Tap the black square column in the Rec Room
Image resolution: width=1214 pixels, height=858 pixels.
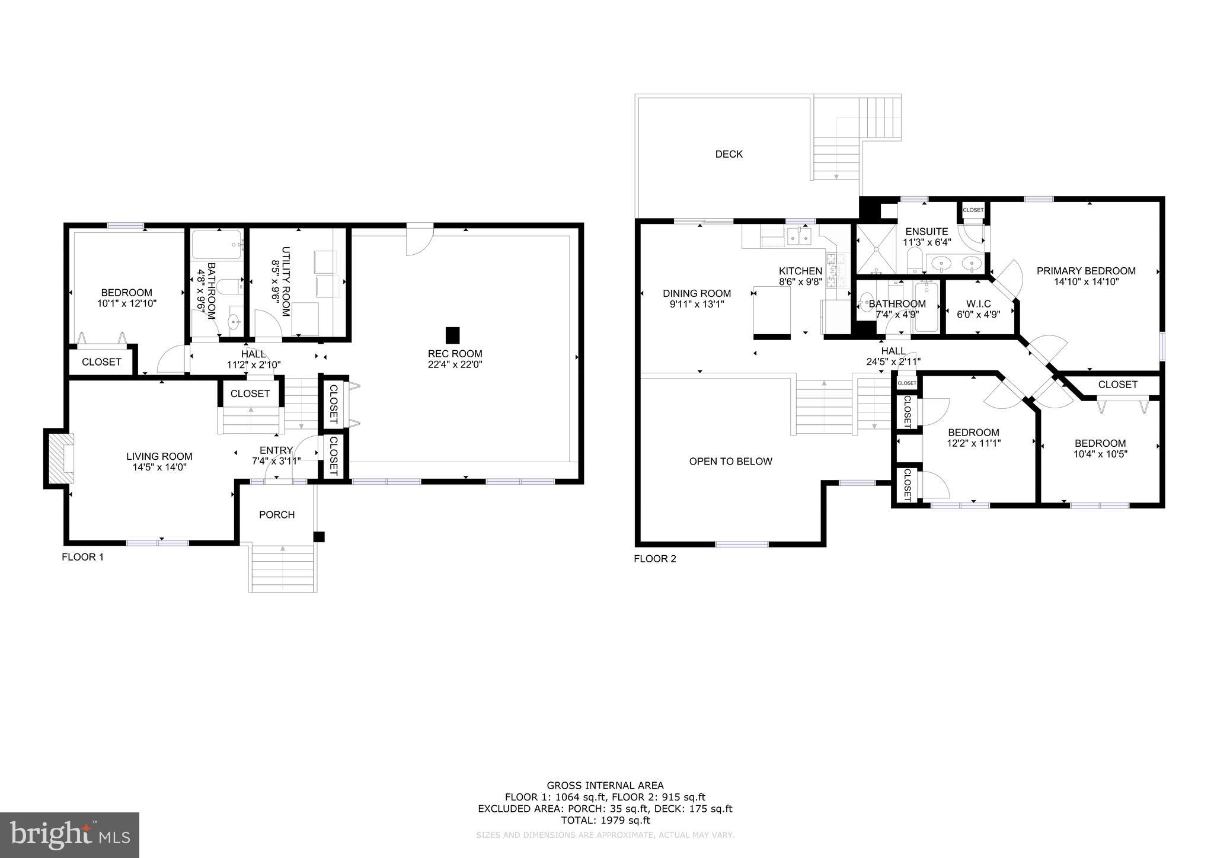click(x=452, y=335)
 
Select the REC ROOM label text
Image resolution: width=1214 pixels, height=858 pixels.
click(x=455, y=354)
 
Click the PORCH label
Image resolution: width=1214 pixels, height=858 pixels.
click(x=277, y=515)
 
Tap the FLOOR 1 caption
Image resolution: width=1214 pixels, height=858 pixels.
click(x=82, y=557)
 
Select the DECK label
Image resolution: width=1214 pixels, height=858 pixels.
click(x=729, y=154)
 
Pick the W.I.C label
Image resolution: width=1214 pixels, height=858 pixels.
click(x=978, y=304)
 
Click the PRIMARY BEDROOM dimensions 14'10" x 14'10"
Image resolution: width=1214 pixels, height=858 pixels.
click(x=1086, y=282)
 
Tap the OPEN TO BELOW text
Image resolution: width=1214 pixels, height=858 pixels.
click(x=730, y=462)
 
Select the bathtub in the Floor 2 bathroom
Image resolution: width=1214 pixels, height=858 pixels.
click(x=926, y=307)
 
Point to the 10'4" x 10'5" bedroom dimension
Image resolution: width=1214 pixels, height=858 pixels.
click(x=1100, y=454)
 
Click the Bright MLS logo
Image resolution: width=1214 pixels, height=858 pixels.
click(x=69, y=835)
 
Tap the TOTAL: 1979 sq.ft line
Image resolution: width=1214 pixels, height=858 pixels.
click(x=605, y=821)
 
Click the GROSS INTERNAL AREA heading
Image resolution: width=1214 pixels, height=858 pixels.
click(x=605, y=786)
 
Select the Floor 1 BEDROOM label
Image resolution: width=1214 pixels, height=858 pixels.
click(x=126, y=293)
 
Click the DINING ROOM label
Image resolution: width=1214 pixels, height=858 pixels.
click(x=697, y=293)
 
